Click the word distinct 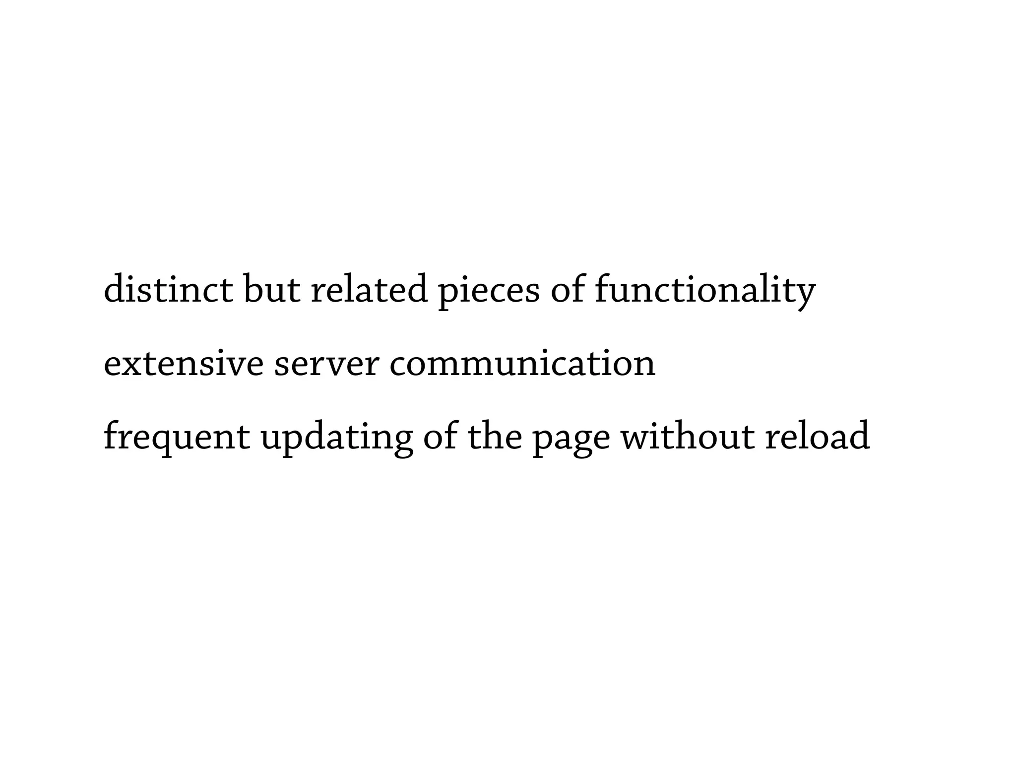pos(168,289)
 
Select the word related pos(369,289)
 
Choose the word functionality pos(705,290)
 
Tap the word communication pos(522,364)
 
